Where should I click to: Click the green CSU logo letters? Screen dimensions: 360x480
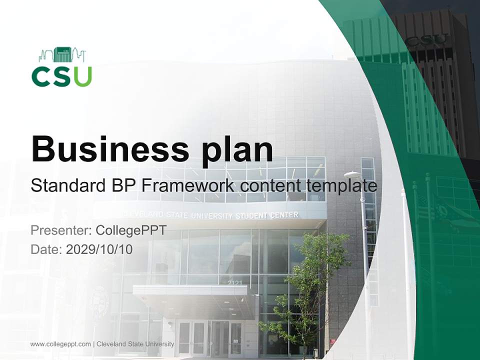[x=61, y=76]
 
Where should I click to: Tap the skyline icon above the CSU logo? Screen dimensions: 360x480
[x=62, y=54]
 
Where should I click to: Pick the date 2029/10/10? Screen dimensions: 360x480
[x=99, y=249]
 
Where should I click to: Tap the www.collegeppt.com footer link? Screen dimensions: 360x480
[x=60, y=344]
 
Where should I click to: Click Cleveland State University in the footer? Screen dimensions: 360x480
[x=135, y=344]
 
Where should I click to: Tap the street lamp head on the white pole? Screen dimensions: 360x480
[x=352, y=174]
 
